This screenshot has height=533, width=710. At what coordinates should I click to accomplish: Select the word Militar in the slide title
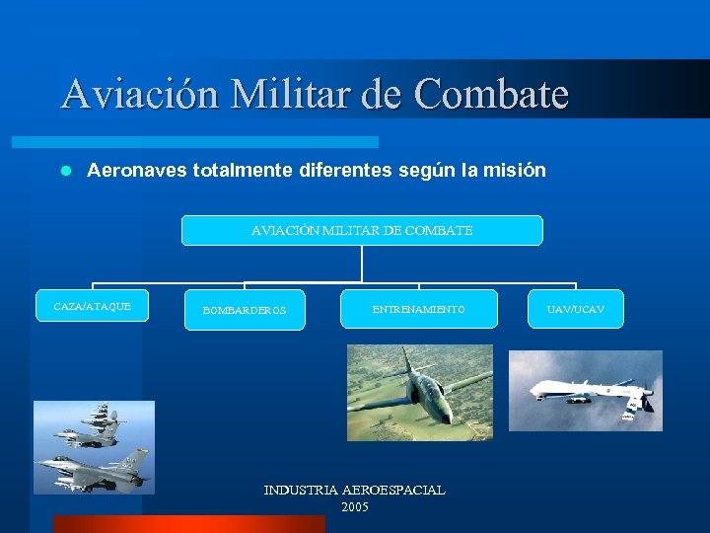point(289,94)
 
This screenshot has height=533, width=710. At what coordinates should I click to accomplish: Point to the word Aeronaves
point(137,171)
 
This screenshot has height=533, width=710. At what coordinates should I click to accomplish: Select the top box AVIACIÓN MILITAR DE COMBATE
point(362,230)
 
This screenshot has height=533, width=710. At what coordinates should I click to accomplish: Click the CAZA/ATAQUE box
point(92,307)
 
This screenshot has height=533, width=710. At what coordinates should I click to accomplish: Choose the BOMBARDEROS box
point(245,310)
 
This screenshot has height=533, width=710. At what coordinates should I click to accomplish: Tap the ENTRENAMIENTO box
point(418,309)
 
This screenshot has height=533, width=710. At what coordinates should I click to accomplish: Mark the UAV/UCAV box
point(575,309)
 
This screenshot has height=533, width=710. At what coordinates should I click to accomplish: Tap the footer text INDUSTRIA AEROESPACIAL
point(354,490)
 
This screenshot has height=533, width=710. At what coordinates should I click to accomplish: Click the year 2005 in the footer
point(354,506)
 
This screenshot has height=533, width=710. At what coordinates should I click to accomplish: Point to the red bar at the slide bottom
point(188,524)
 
